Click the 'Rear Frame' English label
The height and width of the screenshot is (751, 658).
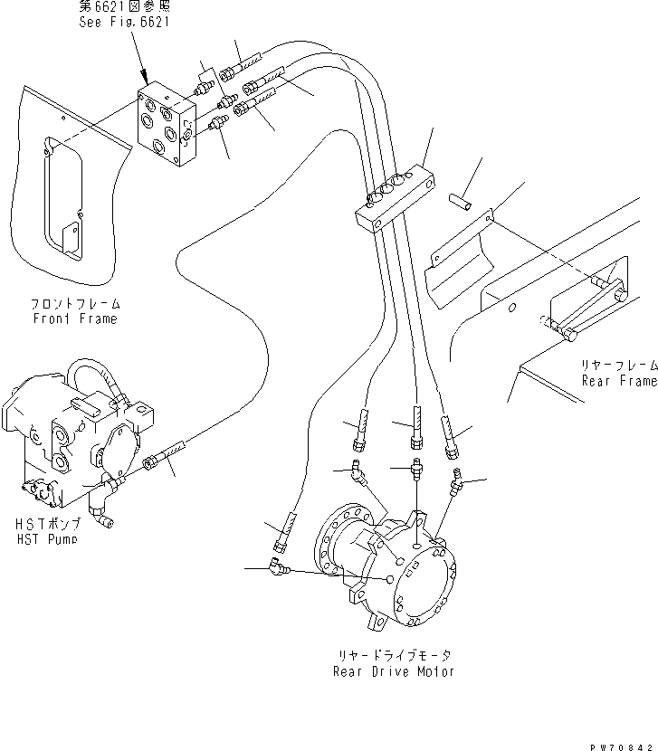[619, 381]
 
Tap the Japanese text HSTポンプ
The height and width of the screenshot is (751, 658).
[46, 525]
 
